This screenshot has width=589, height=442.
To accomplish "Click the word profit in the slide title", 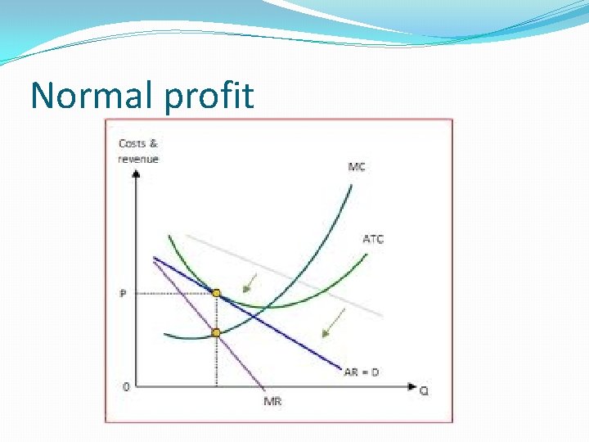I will click(209, 97).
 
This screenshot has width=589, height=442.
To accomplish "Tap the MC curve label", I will click(357, 167).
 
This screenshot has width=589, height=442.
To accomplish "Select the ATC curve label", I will click(372, 239).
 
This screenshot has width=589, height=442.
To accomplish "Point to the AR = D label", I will click(361, 372).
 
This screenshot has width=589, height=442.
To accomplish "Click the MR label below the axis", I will click(273, 400).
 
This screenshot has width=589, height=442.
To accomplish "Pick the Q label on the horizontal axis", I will click(424, 390).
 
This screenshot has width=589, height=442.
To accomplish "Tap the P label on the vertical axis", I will click(123, 293).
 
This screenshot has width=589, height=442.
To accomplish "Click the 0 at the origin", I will click(124, 386).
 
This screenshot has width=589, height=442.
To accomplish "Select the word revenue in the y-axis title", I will click(138, 159).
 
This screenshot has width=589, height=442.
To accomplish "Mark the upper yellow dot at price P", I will click(216, 293).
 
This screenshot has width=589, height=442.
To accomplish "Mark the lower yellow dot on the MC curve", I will click(216, 332).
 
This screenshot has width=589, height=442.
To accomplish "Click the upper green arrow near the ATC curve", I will click(250, 283).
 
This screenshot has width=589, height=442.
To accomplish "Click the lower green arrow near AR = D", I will click(333, 322).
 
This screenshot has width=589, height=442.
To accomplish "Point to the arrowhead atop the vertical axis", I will click(136, 173).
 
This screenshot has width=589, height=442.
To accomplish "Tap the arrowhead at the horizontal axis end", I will click(412, 386).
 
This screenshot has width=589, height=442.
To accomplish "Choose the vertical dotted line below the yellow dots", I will click(216, 360).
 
